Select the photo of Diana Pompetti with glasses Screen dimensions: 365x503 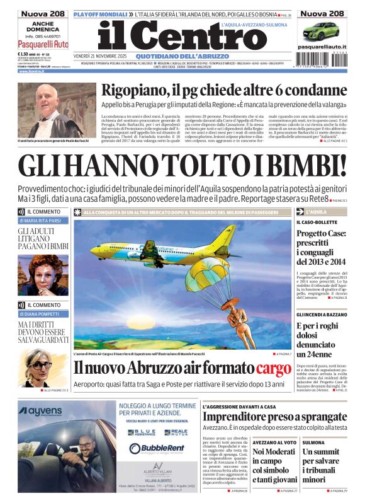pos(42,367)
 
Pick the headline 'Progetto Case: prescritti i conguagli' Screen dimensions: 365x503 pos(322,248)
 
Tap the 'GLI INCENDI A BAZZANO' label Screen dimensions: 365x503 pos(322,314)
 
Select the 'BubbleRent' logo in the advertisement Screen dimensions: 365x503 pos(154,448)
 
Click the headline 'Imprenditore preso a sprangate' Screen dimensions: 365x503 pos(274,417)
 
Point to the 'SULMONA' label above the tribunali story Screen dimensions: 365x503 pos(313,442)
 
